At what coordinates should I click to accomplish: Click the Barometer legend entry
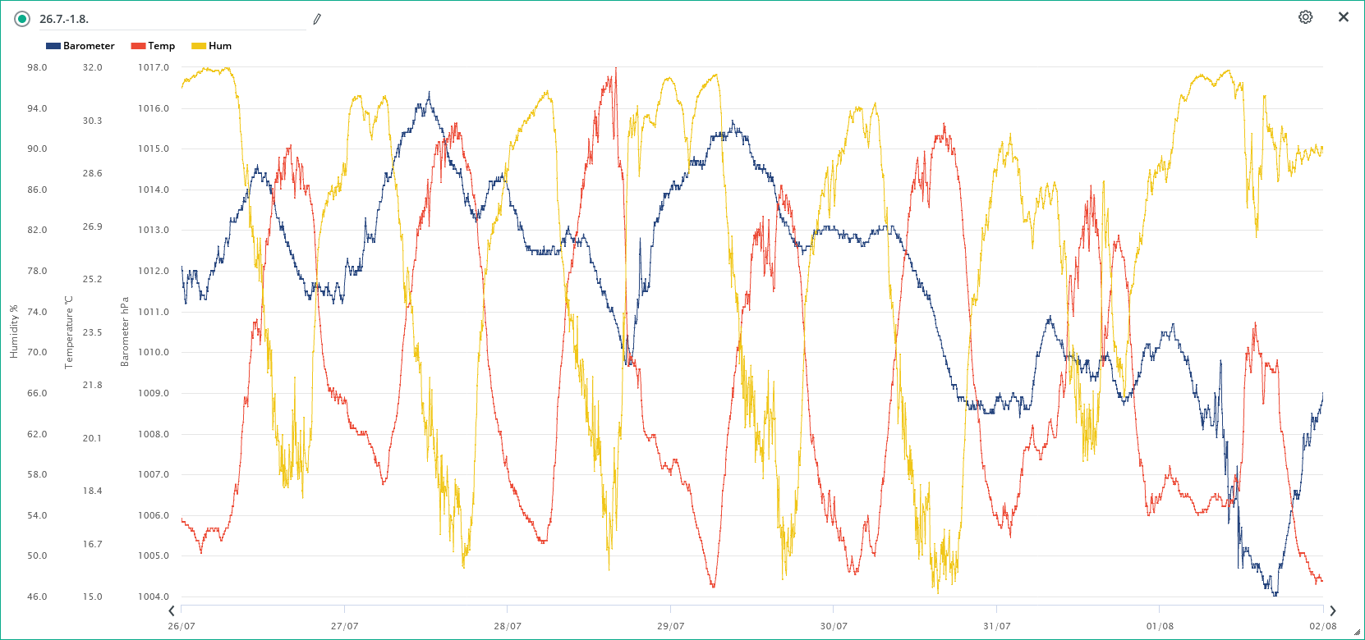[80, 46]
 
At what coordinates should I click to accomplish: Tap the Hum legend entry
[212, 46]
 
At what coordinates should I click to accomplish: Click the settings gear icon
[1305, 17]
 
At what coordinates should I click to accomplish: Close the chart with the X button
[1344, 17]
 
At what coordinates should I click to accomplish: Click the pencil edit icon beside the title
[317, 19]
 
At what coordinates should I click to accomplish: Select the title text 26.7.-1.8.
[64, 19]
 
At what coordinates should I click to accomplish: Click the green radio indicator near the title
[22, 19]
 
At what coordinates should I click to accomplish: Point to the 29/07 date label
[670, 626]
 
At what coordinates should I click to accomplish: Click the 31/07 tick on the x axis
[996, 626]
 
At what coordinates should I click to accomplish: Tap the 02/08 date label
[1322, 626]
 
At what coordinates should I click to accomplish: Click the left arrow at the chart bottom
[172, 610]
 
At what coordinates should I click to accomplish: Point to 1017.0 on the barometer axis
[153, 67]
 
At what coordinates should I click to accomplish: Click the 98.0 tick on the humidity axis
[37, 67]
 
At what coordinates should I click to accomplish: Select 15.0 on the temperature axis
[92, 597]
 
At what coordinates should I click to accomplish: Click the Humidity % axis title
[13, 331]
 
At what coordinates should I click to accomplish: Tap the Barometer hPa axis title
[125, 331]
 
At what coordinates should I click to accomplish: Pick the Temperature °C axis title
[69, 331]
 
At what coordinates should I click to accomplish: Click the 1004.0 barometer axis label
[153, 597]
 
